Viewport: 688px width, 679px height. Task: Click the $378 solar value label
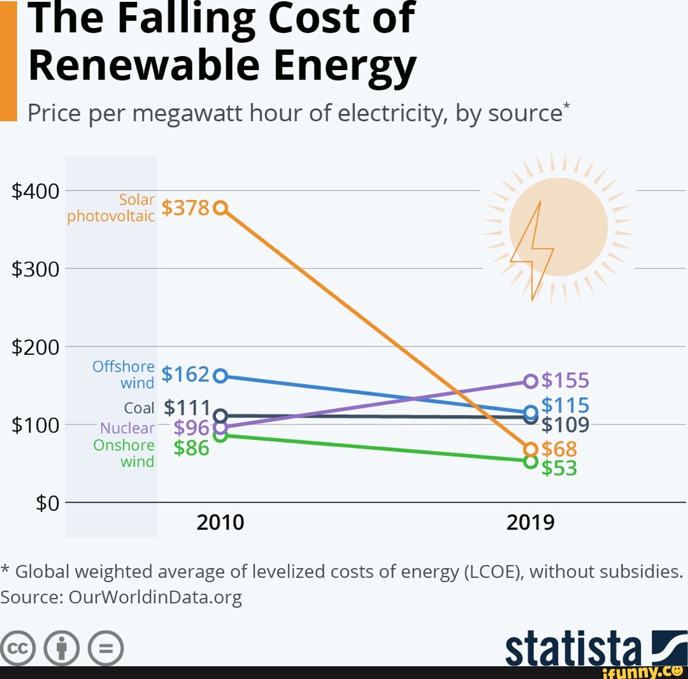click(185, 208)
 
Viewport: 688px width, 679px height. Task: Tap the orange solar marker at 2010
click(220, 208)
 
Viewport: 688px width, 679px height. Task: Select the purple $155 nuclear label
click(565, 381)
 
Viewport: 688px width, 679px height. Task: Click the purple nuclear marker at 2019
click(531, 381)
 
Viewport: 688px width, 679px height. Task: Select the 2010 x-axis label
click(220, 523)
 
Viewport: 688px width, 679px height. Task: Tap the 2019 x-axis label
click(531, 523)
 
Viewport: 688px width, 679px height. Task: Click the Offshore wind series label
click(124, 375)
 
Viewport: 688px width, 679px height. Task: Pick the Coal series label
click(140, 408)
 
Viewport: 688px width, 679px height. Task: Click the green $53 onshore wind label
click(559, 468)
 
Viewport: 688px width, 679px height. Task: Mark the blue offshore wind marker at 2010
click(220, 376)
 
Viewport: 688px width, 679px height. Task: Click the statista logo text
click(573, 648)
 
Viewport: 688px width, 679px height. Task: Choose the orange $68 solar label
click(559, 449)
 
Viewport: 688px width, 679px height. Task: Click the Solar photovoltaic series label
click(111, 208)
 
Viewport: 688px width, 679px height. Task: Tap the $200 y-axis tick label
click(36, 347)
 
